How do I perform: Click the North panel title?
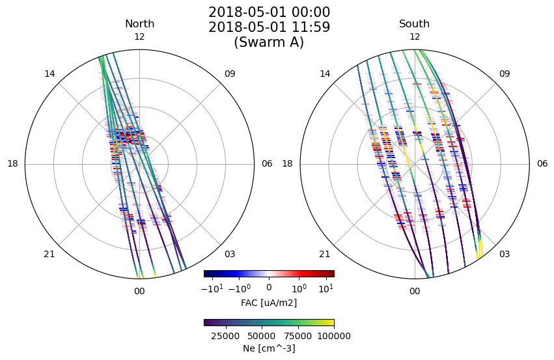pos(139,23)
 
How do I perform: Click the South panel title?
pos(415,23)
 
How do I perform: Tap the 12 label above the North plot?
pos(139,36)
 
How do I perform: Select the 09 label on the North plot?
pos(230,74)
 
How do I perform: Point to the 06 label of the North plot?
pos(267,163)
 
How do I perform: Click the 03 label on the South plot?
pos(505,254)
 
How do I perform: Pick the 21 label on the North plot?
pos(49,254)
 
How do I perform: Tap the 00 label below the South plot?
pos(415,291)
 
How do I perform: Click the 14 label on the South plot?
pos(325,74)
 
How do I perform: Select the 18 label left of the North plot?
pos(13,163)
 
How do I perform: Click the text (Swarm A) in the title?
pos(269,42)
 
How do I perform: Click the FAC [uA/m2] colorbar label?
pos(269,303)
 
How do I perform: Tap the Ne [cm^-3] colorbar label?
pos(269,348)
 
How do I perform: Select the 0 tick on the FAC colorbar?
pos(269,287)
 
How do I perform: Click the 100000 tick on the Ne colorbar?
pos(334,336)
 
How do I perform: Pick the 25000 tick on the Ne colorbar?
pos(225,336)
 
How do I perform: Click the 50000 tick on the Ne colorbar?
pos(262,336)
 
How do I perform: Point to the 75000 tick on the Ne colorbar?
pos(298,336)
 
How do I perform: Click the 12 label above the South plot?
pos(415,36)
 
